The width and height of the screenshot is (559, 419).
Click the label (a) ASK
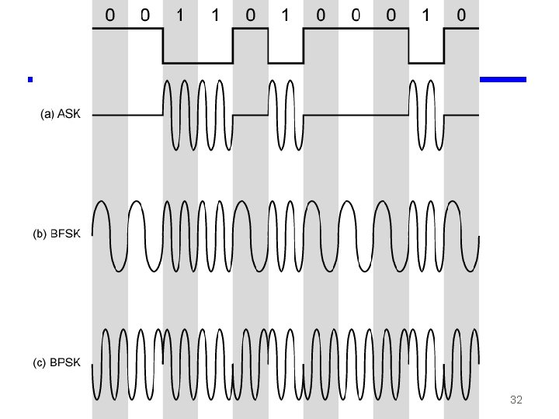point(64,115)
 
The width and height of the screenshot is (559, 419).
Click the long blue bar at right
point(503,79)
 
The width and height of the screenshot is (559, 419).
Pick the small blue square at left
point(30,79)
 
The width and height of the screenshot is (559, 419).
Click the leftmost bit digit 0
point(109,16)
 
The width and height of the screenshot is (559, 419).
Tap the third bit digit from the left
point(180,16)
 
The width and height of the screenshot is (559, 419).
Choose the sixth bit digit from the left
point(285,16)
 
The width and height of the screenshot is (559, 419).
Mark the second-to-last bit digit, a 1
point(426,16)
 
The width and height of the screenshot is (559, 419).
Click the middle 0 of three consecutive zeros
point(356,16)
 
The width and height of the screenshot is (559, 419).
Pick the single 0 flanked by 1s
point(250,16)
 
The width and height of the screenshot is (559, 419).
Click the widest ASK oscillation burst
point(197,115)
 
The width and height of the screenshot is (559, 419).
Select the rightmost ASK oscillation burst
point(426,115)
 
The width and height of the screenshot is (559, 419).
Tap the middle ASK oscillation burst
point(285,115)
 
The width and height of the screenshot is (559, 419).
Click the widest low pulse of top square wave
point(197,62)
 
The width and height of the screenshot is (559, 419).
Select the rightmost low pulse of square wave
point(426,62)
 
